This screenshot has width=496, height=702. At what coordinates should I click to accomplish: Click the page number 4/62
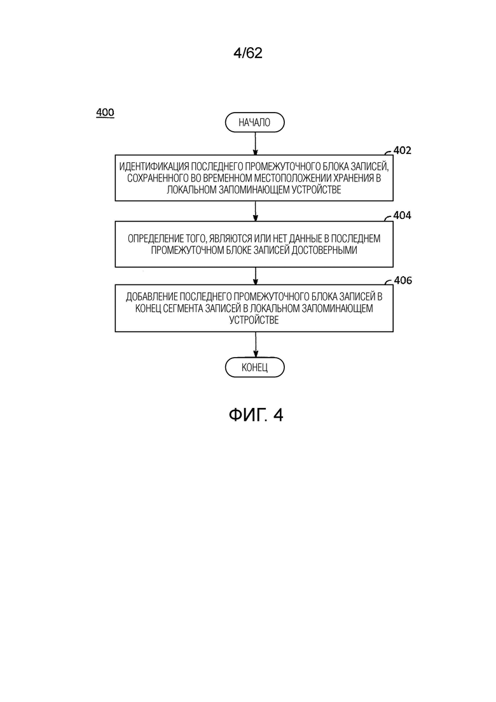pos(248,53)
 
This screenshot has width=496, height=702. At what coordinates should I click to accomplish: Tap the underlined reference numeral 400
pos(105,113)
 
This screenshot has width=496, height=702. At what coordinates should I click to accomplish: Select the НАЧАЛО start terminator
pos(254,123)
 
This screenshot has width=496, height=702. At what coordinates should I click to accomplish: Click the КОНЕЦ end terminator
pos(254,367)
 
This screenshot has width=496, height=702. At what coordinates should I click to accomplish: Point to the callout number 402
pos(402,151)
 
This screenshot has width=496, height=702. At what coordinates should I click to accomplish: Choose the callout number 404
pos(402,215)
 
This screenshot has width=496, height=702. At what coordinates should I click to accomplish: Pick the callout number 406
pos(402,280)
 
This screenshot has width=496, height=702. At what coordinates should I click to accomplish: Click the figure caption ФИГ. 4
pos(256,415)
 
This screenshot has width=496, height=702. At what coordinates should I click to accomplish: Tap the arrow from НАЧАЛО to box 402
pos(255,143)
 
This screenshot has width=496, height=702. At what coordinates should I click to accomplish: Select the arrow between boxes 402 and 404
pos(255,211)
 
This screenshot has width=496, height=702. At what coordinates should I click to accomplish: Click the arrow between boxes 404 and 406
pos(255,276)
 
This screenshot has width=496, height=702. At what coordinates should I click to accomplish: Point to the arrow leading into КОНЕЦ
pos(255,344)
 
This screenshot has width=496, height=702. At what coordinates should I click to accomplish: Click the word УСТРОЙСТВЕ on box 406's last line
pos(254,319)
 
